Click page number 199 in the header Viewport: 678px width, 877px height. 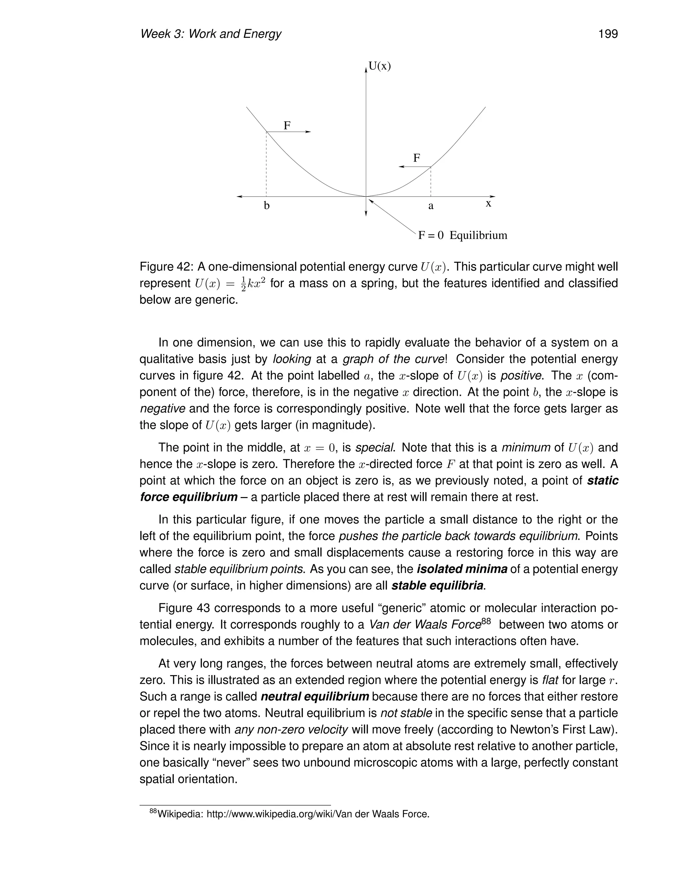pyautogui.click(x=608, y=34)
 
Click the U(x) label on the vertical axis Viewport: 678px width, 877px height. pyautogui.click(x=380, y=66)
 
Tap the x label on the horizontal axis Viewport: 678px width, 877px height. pyautogui.click(x=488, y=204)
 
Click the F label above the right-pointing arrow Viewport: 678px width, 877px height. pyautogui.click(x=287, y=126)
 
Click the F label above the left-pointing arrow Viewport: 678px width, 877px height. pyautogui.click(x=417, y=158)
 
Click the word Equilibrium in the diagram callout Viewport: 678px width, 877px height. pyautogui.click(x=478, y=235)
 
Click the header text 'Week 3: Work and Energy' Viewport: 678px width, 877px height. pyautogui.click(x=211, y=34)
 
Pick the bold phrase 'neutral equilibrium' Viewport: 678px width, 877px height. pyautogui.click(x=315, y=696)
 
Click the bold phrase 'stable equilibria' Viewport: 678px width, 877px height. pyautogui.click(x=437, y=586)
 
